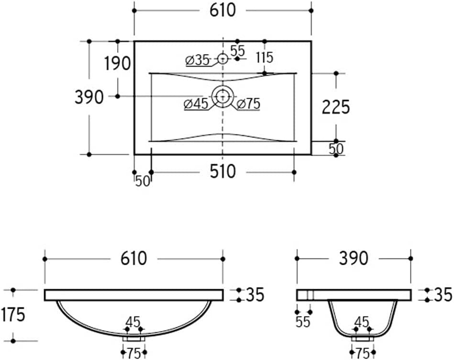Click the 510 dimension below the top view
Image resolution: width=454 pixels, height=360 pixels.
[x=222, y=171]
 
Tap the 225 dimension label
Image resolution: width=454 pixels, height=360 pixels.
[x=336, y=107]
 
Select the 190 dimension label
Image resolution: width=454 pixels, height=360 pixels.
[x=117, y=63]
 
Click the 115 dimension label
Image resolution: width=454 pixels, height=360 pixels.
[x=265, y=57]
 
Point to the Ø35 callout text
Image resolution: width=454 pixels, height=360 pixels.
[x=197, y=60]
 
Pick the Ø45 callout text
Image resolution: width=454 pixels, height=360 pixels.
[x=196, y=104]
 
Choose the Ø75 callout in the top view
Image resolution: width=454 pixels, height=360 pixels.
[x=248, y=104]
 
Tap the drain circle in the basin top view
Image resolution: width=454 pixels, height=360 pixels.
[x=222, y=86]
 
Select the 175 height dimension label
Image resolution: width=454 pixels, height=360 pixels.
[x=13, y=315]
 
